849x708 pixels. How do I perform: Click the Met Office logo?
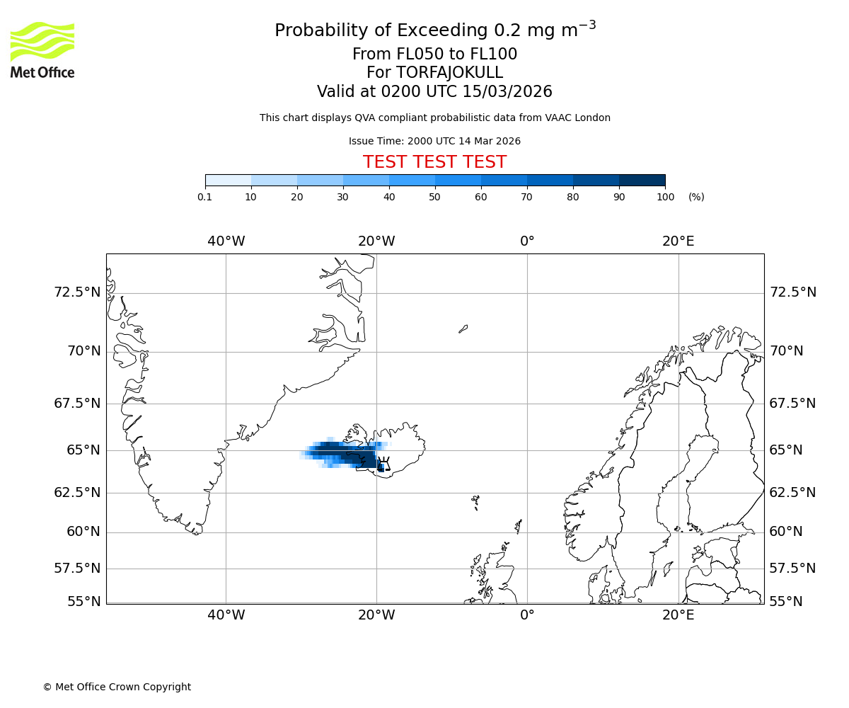coord(42,50)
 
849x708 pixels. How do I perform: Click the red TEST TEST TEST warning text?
coord(434,162)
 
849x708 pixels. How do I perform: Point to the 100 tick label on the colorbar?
coord(664,197)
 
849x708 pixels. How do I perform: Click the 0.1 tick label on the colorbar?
coord(205,197)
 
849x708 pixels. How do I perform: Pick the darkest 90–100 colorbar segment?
coord(642,180)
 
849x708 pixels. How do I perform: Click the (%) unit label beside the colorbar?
coord(696,197)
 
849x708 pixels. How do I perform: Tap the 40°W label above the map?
coord(226,241)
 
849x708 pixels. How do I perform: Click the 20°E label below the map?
coord(678,615)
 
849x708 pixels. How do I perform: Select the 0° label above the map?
coord(527,241)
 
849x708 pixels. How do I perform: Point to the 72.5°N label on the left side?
coord(78,292)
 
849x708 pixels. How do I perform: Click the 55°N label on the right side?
coord(786,602)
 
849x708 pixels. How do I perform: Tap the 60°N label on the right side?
coord(786,532)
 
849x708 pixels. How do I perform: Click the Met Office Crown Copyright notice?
coord(117,687)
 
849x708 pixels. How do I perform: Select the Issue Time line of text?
coord(434,141)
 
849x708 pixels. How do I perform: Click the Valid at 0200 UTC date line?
coord(434,92)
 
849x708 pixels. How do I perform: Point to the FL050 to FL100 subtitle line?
coord(434,55)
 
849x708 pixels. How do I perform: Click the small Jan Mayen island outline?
coord(463,329)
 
